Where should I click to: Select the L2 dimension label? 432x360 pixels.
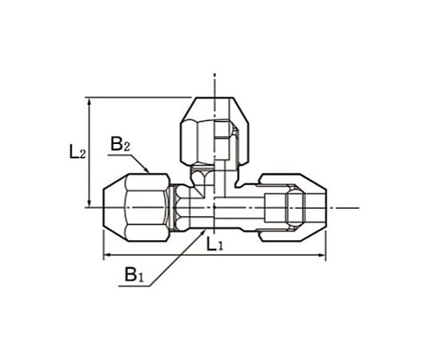click(x=77, y=152)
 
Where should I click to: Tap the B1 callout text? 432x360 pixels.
click(x=133, y=276)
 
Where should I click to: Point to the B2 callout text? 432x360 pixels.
click(x=121, y=145)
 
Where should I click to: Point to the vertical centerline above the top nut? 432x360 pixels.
click(x=215, y=84)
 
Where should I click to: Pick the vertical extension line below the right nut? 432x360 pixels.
click(x=325, y=244)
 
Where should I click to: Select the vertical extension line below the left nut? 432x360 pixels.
click(x=103, y=244)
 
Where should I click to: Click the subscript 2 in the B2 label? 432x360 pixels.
click(x=126, y=148)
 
